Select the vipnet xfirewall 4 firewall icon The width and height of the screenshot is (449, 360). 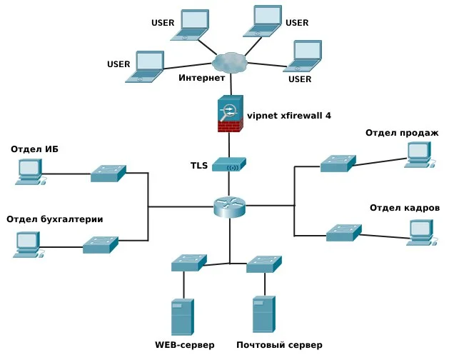point(230,114)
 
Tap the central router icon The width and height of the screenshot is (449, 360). point(229,206)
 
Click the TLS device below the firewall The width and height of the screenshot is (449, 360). point(229,165)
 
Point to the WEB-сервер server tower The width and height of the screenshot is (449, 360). point(183,317)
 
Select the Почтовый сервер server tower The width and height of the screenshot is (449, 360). point(263,314)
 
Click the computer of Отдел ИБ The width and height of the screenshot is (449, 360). point(29,171)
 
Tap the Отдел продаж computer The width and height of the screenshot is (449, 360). point(418,154)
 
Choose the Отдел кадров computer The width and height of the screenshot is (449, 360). point(420,231)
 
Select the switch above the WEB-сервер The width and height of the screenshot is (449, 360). point(188,263)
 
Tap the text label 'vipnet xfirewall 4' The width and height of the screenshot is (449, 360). point(288,115)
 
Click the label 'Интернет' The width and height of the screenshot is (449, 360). point(201,77)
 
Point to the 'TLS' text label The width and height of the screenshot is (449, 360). point(199,165)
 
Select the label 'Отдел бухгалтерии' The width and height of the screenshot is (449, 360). point(54,219)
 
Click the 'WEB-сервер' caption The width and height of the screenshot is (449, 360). point(184,345)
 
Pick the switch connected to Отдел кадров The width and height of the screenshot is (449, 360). point(343,232)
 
